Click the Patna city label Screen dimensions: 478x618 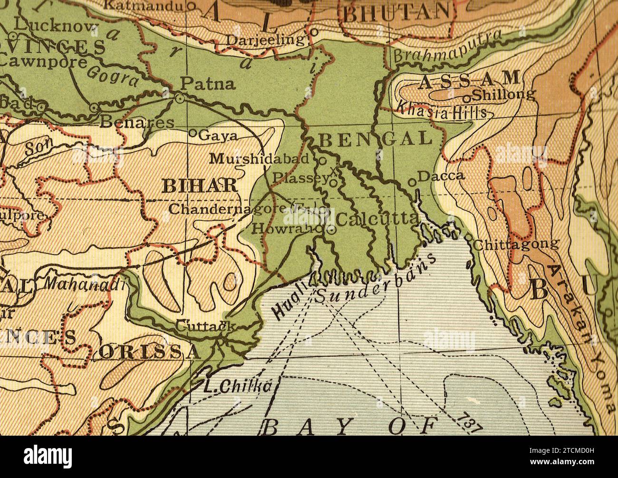208,84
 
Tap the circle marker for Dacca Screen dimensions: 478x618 412,182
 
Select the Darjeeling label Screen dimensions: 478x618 265,39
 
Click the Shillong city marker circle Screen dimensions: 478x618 467,98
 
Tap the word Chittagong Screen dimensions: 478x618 516,244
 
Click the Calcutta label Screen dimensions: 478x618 377,219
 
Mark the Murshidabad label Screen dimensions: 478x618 260,158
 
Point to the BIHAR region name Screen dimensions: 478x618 200,185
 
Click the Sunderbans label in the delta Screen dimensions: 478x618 376,281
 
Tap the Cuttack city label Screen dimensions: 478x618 205,326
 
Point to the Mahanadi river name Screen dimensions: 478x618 85,284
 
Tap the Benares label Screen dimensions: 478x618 138,122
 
